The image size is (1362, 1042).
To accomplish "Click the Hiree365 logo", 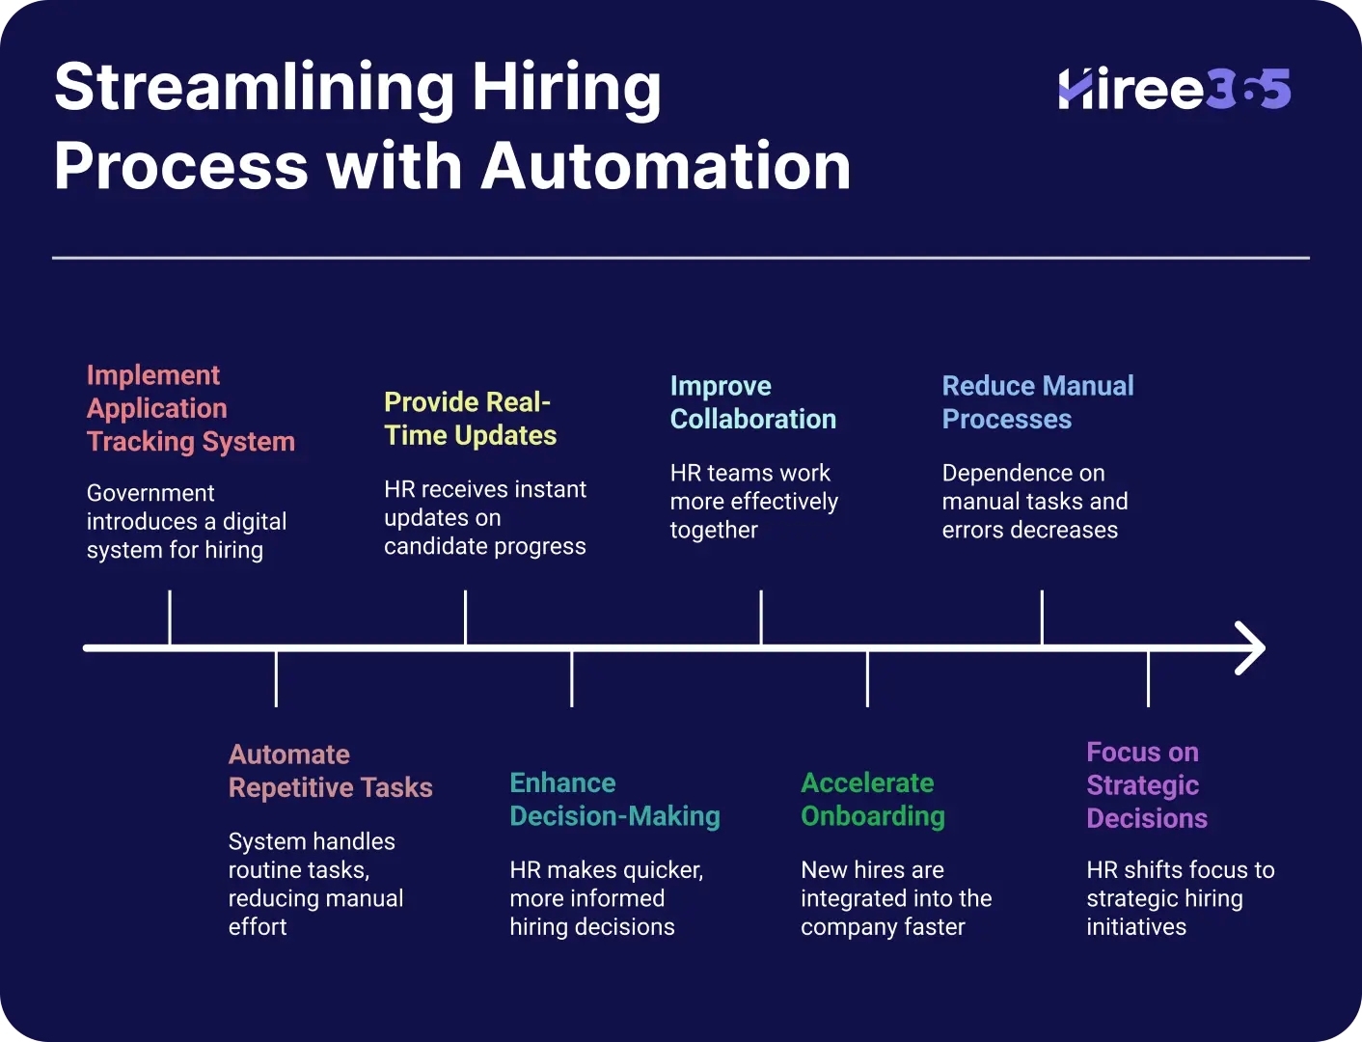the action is coord(1175,89).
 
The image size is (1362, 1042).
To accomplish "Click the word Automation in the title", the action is coord(666,166).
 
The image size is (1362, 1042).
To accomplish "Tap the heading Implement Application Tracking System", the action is coord(190,408).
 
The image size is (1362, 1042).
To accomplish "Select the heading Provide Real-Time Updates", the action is coord(470,419).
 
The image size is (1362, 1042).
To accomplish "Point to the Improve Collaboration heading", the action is coord(752,402).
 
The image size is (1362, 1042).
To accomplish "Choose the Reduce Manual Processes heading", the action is coord(1038,402).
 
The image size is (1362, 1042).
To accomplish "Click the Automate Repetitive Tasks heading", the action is coord(330,771).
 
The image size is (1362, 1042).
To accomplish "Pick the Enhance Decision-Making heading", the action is coord(614,799).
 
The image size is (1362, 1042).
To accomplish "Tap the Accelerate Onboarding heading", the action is coord(872,799).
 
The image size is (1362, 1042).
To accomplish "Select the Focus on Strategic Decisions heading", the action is coord(1147,785).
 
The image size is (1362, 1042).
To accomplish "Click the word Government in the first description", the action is coord(150,493).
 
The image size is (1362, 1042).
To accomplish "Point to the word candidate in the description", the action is coord(435,546).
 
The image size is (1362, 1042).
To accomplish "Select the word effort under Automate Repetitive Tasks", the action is coord(258,926).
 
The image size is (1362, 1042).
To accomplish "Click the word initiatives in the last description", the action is coord(1136,926).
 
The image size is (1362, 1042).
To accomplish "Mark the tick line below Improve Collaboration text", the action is coord(761,617).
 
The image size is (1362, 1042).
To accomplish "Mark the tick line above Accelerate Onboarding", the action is coord(867,678).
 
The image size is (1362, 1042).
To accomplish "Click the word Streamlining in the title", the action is coord(255,88).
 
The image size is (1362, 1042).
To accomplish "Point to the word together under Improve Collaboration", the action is coord(714,531).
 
